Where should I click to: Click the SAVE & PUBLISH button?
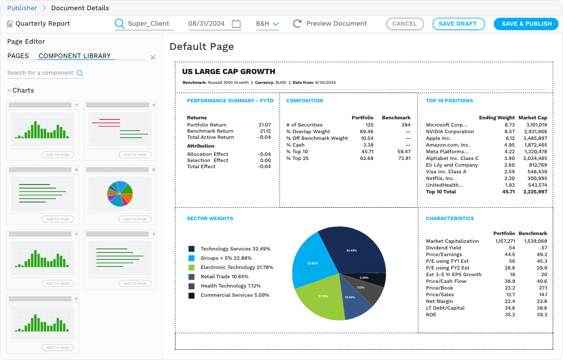(526, 24)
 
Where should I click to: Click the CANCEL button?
(404, 24)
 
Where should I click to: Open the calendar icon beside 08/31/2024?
(236, 24)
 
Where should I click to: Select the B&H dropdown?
(267, 24)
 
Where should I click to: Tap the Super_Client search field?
(146, 24)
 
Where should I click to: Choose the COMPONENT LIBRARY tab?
(75, 56)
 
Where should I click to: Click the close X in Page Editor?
(153, 58)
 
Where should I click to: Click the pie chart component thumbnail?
(120, 193)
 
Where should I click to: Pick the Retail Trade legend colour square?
(191, 277)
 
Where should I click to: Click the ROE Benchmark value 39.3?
(541, 315)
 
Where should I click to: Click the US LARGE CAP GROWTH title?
(228, 71)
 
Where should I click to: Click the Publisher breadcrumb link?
(22, 8)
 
